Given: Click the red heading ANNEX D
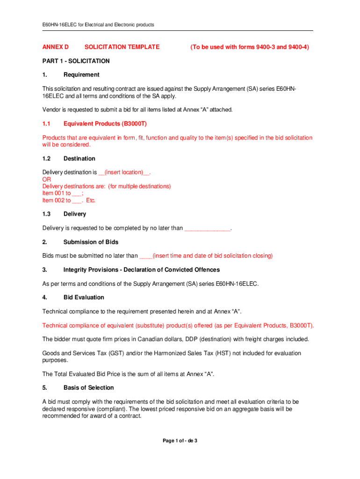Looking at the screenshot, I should coord(55,47).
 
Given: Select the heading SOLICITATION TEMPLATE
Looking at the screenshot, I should coord(122,47).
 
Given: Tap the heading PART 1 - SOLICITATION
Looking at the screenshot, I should coord(76,61).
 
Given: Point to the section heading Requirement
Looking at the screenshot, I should coord(81,74).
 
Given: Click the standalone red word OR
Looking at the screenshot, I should coord(47,179).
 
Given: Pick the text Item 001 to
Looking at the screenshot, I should coord(57,193).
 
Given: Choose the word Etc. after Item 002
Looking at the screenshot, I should coord(91,200).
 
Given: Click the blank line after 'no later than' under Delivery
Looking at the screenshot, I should coord(207,228).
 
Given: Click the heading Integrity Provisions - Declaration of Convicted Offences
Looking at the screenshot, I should coord(141,270).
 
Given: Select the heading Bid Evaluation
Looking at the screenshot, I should coord(84,298).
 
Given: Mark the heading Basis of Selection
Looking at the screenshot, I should coord(88,388).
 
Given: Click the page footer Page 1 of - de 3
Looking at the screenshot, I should coord(180,441).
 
